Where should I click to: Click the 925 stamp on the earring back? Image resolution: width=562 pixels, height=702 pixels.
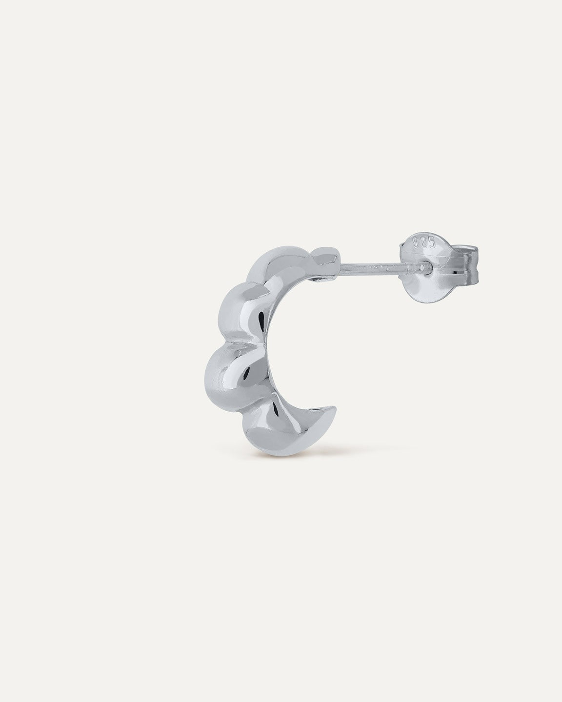[x=424, y=243]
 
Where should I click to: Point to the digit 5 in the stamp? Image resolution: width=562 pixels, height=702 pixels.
[x=432, y=242]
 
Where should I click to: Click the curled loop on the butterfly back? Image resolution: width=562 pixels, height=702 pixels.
[x=466, y=264]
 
